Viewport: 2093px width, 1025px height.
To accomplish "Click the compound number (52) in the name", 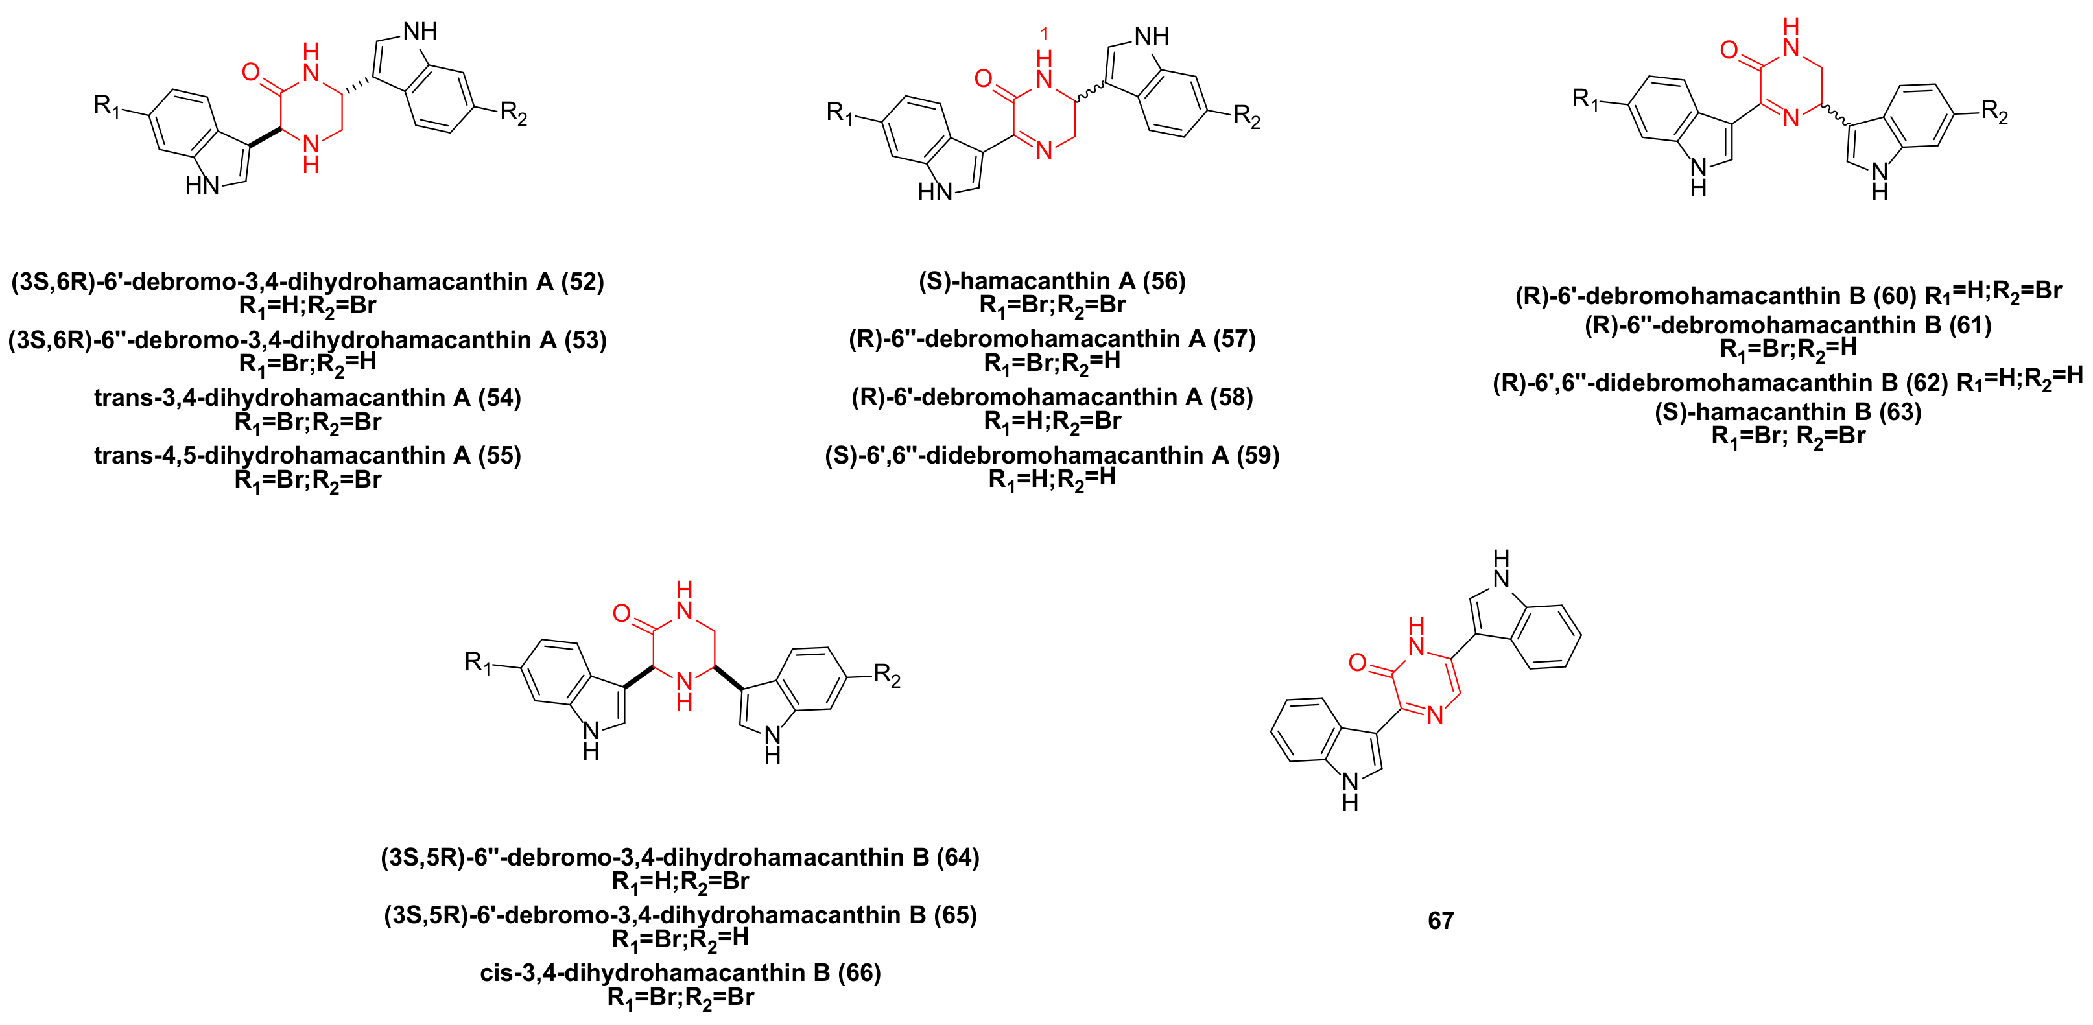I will (582, 282).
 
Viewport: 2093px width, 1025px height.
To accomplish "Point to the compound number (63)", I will (1900, 412).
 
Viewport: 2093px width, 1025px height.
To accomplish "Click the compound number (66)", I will (859, 972).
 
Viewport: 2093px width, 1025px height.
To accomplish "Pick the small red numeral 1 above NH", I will (1044, 34).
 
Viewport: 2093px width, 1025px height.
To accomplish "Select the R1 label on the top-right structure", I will (1585, 99).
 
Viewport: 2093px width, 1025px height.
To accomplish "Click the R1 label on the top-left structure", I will (106, 106).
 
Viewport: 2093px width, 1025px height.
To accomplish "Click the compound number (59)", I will (1257, 456).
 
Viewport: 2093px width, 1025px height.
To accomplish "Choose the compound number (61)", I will (1970, 325).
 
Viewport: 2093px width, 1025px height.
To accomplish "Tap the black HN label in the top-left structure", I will (202, 186).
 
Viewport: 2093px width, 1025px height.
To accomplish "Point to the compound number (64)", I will (957, 857).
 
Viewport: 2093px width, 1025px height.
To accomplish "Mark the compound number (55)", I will (499, 456).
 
